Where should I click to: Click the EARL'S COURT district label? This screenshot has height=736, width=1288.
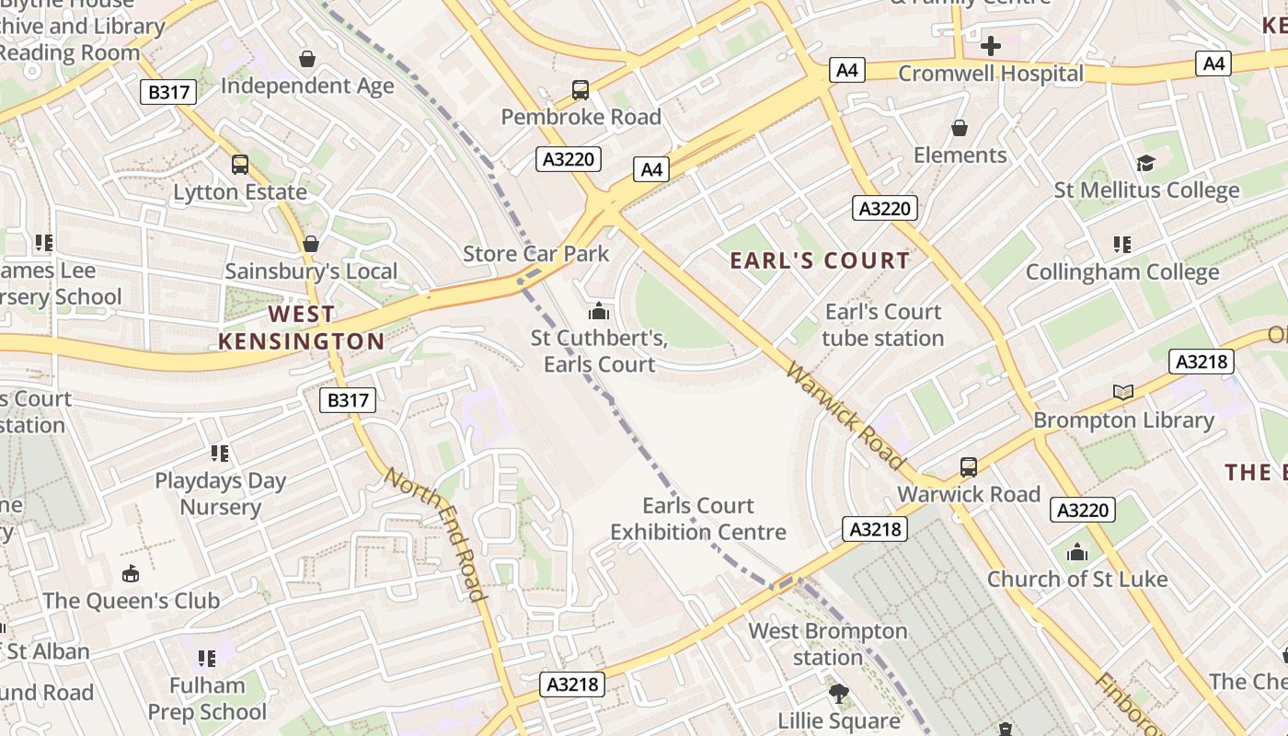pyautogui.click(x=820, y=260)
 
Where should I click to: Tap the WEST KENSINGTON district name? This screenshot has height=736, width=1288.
pyautogui.click(x=302, y=328)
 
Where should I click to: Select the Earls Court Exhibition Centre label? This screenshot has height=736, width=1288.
pyautogui.click(x=698, y=519)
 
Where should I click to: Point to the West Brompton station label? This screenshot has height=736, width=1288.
pyautogui.click(x=827, y=644)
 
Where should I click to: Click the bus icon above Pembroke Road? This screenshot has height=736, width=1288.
pyautogui.click(x=581, y=90)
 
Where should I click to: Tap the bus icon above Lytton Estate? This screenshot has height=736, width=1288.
pyautogui.click(x=240, y=165)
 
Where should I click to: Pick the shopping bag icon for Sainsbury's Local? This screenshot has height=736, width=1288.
pyautogui.click(x=311, y=244)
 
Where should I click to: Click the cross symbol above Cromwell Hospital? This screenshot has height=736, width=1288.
pyautogui.click(x=991, y=46)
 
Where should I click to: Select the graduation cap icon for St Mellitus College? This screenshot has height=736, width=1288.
pyautogui.click(x=1145, y=163)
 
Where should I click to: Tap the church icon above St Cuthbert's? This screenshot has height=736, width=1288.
pyautogui.click(x=599, y=311)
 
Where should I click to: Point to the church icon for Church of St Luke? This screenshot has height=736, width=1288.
pyautogui.click(x=1077, y=552)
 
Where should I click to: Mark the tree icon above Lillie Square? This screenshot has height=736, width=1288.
pyautogui.click(x=838, y=694)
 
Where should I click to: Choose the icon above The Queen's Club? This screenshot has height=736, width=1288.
pyautogui.click(x=132, y=574)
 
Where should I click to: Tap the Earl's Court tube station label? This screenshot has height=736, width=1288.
pyautogui.click(x=883, y=325)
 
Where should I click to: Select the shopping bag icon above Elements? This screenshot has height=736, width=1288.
pyautogui.click(x=960, y=128)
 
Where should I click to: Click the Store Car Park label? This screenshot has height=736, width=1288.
pyautogui.click(x=535, y=253)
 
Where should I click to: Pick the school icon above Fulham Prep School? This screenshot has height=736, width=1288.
pyautogui.click(x=207, y=658)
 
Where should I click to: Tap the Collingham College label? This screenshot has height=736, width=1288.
pyautogui.click(x=1122, y=272)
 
